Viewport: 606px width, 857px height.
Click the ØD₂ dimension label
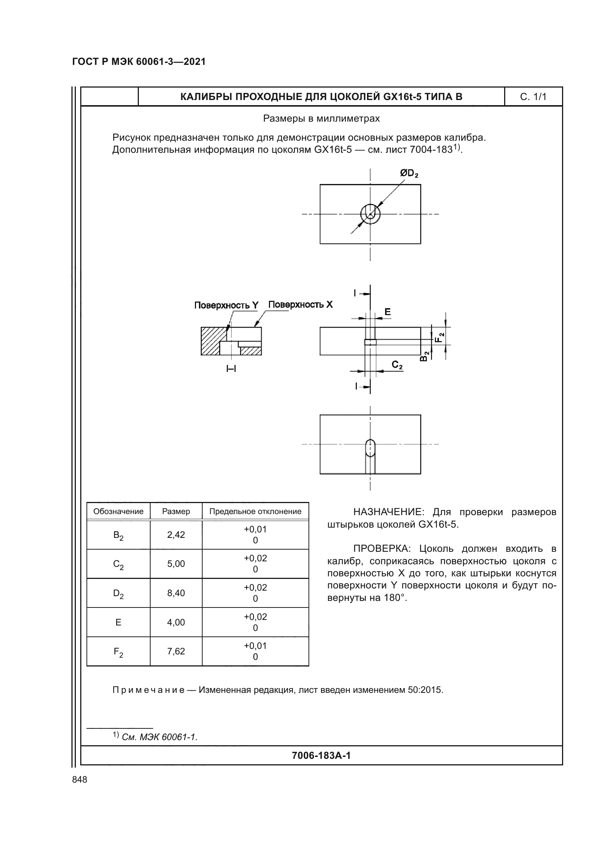point(409,174)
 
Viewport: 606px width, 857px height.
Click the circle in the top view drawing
point(370,214)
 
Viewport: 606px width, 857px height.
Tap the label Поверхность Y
point(226,305)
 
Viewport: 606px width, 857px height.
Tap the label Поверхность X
point(300,304)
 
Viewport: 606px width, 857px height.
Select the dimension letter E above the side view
point(387,312)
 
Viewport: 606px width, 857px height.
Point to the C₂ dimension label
point(397,365)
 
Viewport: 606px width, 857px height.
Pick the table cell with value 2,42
point(176,535)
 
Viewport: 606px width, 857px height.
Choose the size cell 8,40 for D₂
point(176,593)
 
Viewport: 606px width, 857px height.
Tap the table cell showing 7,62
point(176,651)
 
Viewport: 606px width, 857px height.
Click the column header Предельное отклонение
point(255,511)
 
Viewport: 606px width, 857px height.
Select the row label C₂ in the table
point(118,564)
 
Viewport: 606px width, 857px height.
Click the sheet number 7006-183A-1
point(321,756)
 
